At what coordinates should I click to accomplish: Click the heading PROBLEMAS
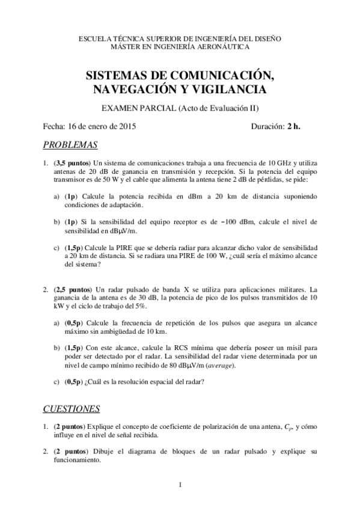tap(70, 145)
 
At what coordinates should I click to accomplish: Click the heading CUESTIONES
tap(71, 409)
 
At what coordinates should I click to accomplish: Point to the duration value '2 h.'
tap(293, 126)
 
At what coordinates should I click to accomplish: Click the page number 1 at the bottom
tap(180, 485)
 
